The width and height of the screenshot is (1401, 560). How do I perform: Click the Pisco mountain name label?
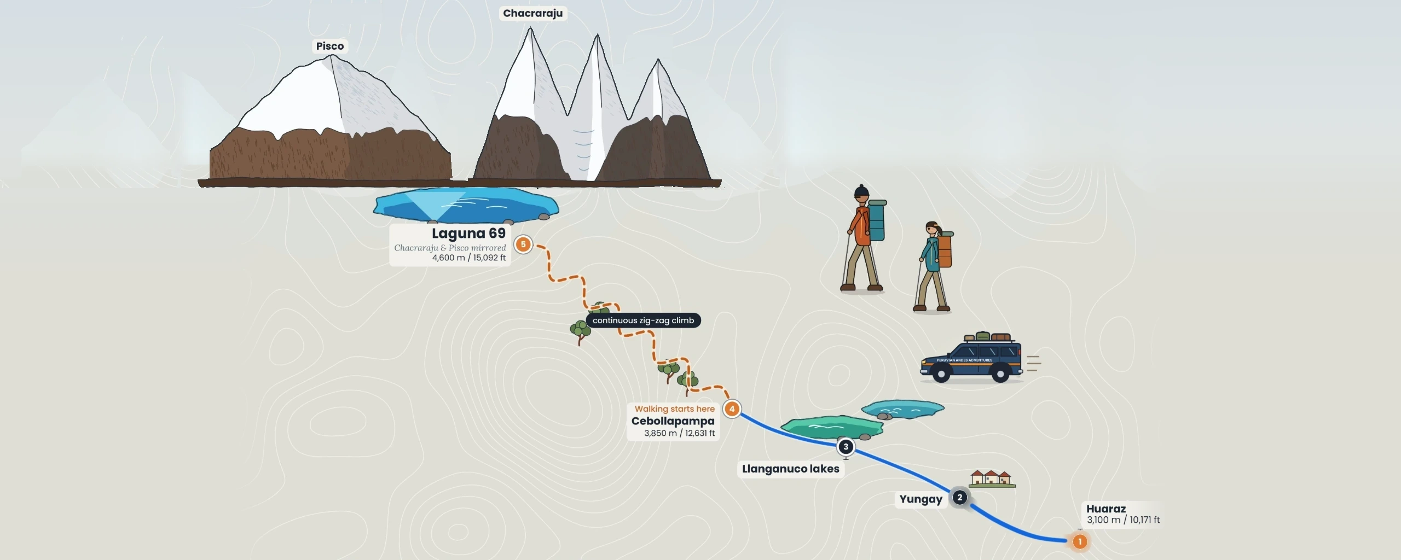coord(330,46)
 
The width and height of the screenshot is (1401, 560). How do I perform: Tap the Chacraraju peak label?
coord(532,13)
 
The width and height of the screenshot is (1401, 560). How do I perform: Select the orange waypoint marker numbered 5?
coord(523,244)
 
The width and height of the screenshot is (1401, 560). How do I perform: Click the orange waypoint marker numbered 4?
coord(732,409)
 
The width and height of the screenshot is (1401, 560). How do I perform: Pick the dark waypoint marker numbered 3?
coord(846,447)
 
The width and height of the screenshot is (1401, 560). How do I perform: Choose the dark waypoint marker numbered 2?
coord(959,497)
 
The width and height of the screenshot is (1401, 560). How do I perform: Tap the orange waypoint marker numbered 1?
coord(1080,541)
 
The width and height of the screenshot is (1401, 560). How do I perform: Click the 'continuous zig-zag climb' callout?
coord(643,320)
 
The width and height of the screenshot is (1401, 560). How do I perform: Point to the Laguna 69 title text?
coord(468,234)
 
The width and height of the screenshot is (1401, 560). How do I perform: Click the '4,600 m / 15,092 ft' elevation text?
coord(469,258)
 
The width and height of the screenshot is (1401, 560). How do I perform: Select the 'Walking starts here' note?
coord(675,409)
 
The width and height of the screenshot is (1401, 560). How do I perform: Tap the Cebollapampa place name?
coord(673,421)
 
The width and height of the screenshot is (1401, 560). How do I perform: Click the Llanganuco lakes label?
coord(790,469)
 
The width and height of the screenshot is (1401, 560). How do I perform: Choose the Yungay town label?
coord(921,499)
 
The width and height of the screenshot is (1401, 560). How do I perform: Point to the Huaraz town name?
coord(1106,509)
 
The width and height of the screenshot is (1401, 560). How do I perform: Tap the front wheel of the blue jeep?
coord(941,375)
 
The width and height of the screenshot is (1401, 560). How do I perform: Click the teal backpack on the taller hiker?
coord(876,220)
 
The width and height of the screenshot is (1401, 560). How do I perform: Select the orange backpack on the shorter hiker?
coord(944,250)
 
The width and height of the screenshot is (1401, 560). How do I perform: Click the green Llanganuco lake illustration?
coord(832,427)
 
